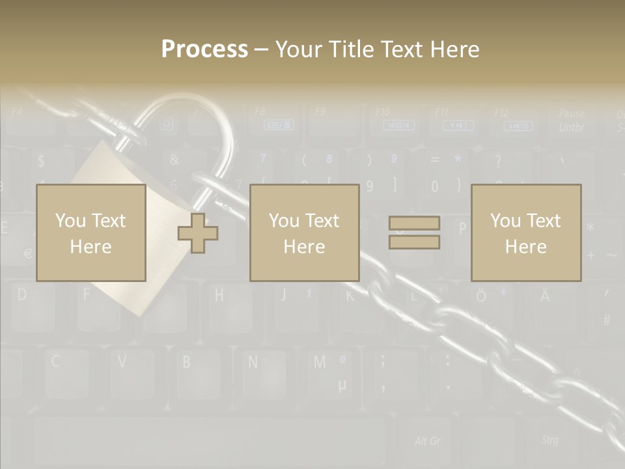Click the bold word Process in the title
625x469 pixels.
(204, 49)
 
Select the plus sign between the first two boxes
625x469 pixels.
(198, 233)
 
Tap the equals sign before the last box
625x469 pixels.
(414, 233)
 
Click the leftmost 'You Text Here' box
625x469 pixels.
(90, 233)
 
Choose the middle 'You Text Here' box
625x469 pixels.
(304, 233)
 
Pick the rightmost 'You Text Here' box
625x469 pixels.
(525, 233)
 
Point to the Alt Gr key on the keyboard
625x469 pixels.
(427, 441)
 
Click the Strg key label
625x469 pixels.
(549, 440)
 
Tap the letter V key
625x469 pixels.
(122, 362)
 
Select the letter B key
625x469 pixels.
(186, 362)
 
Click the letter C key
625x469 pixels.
(56, 362)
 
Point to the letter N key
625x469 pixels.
(253, 362)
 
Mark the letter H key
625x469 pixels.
(219, 295)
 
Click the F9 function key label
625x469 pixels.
(320, 111)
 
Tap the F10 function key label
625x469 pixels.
(383, 111)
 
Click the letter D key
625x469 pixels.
(21, 295)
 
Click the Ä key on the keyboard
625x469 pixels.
(544, 296)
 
